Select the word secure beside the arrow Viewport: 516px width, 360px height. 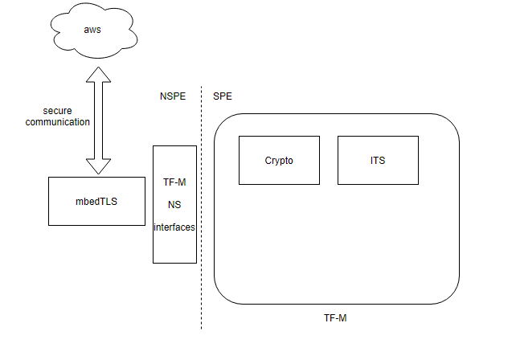coord(58,110)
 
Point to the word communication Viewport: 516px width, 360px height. coord(58,122)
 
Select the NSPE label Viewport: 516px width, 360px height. coord(173,96)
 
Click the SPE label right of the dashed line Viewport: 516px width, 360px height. coord(222,96)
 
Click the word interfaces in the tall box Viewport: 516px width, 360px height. coord(174,227)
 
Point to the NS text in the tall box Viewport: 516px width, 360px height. coord(174,205)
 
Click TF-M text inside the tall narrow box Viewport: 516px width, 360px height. coord(174,182)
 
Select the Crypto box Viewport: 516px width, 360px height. coord(279,173)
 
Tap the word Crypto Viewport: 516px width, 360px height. coord(279,161)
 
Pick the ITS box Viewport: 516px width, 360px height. coord(378,173)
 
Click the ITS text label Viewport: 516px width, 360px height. coord(378,161)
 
